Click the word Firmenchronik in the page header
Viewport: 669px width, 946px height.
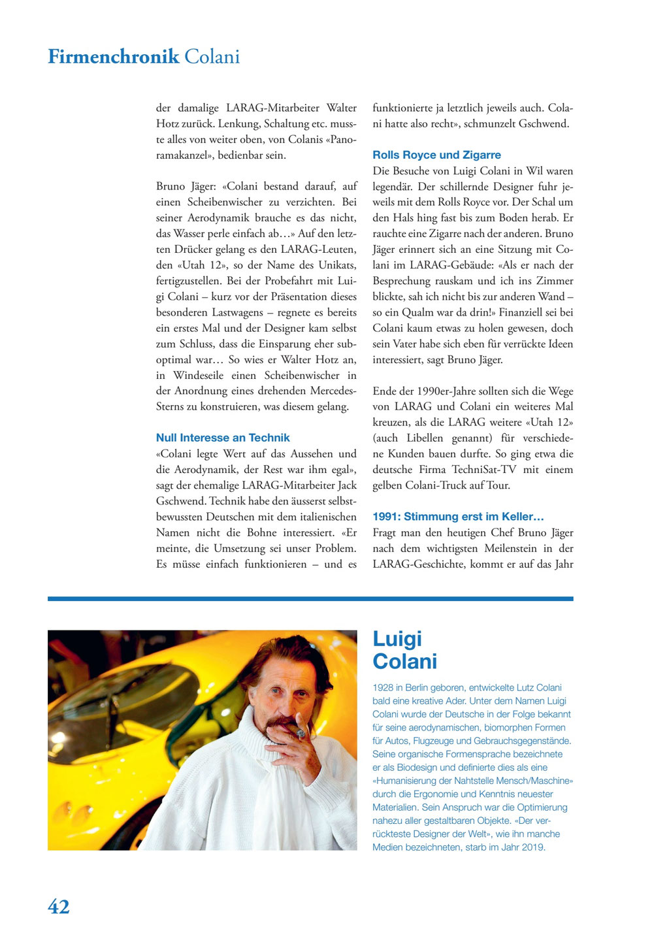click(x=113, y=57)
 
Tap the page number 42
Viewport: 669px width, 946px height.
click(x=59, y=906)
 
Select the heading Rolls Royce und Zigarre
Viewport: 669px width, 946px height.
click(x=436, y=155)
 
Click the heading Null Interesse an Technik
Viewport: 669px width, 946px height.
click(x=223, y=438)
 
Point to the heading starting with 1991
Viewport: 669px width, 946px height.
click(x=458, y=517)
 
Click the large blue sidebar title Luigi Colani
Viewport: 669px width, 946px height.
click(x=404, y=650)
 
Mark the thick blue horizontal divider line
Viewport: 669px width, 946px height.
click(x=310, y=598)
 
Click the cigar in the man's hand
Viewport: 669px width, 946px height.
click(x=300, y=732)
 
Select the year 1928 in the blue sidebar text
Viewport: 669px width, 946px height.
click(x=383, y=688)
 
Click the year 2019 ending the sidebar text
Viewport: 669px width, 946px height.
click(x=533, y=847)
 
